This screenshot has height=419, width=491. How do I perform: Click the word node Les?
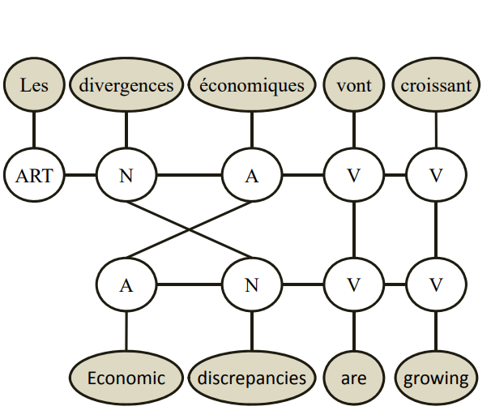pyautogui.click(x=34, y=84)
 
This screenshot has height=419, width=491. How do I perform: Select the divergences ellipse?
pyautogui.click(x=126, y=84)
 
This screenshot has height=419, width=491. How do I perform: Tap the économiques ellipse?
pyautogui.click(x=251, y=84)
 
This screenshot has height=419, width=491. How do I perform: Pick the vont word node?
pyautogui.click(x=353, y=84)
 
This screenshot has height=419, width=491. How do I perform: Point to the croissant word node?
pyautogui.click(x=436, y=84)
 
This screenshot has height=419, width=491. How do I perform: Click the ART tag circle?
pyautogui.click(x=34, y=174)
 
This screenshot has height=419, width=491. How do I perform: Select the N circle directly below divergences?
pyautogui.click(x=126, y=174)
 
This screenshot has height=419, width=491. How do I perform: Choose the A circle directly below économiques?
pyautogui.click(x=251, y=174)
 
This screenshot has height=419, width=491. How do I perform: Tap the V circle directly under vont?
pyautogui.click(x=353, y=174)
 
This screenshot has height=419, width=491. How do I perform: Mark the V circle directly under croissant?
pyautogui.click(x=436, y=174)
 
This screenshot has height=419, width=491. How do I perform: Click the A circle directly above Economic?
pyautogui.click(x=126, y=284)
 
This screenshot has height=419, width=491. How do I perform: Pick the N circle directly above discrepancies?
pyautogui.click(x=251, y=284)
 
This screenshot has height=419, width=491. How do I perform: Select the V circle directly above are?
pyautogui.click(x=353, y=284)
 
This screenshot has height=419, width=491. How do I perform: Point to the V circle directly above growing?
pyautogui.click(x=436, y=284)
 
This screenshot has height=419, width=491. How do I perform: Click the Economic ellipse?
pyautogui.click(x=126, y=378)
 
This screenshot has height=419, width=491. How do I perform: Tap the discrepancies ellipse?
pyautogui.click(x=251, y=378)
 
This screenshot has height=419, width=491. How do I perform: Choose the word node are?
pyautogui.click(x=353, y=378)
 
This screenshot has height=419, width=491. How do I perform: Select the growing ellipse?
pyautogui.click(x=436, y=378)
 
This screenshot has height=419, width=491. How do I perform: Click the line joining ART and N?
pyautogui.click(x=80, y=174)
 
